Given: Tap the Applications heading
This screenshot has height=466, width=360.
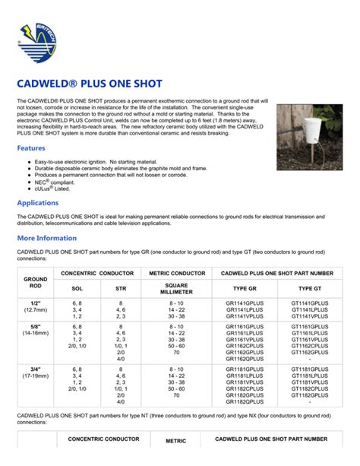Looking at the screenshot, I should [x=38, y=203].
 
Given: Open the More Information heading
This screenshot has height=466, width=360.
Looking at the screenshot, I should [x=47, y=238].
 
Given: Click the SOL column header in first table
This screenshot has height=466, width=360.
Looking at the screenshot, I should [x=77, y=289].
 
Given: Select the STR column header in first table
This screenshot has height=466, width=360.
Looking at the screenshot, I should [x=121, y=289].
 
